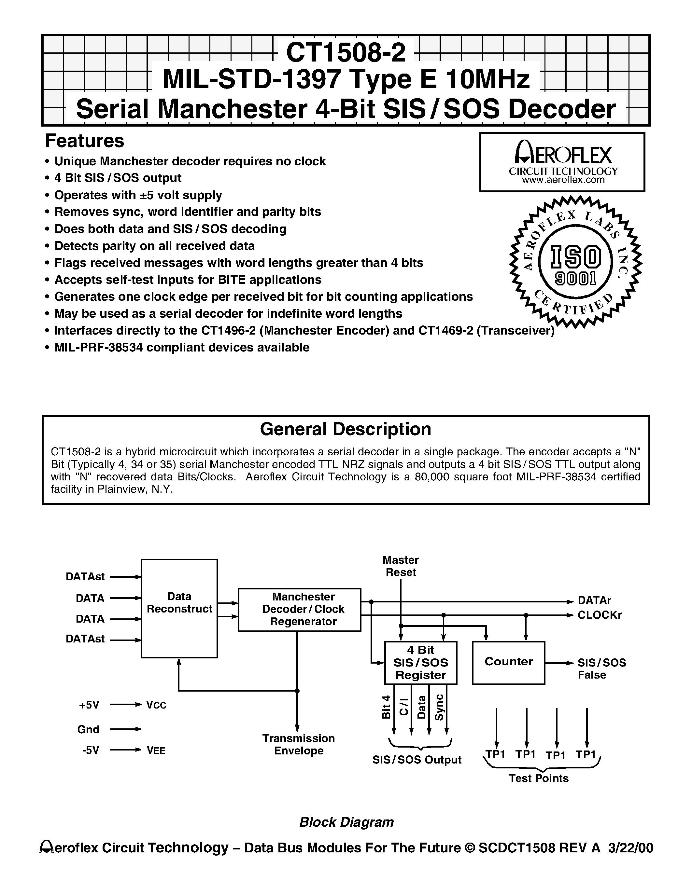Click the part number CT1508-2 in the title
[346, 52]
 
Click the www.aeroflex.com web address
[563, 180]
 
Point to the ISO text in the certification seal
[575, 257]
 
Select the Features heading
[84, 141]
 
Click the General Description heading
[346, 429]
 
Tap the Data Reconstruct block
[179, 608]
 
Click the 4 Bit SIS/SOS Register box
[421, 663]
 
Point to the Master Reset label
[401, 566]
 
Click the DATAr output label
[594, 601]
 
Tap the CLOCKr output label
[599, 615]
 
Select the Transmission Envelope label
[298, 744]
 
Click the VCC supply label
[156, 705]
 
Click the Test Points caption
[539, 778]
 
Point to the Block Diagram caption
[346, 822]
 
